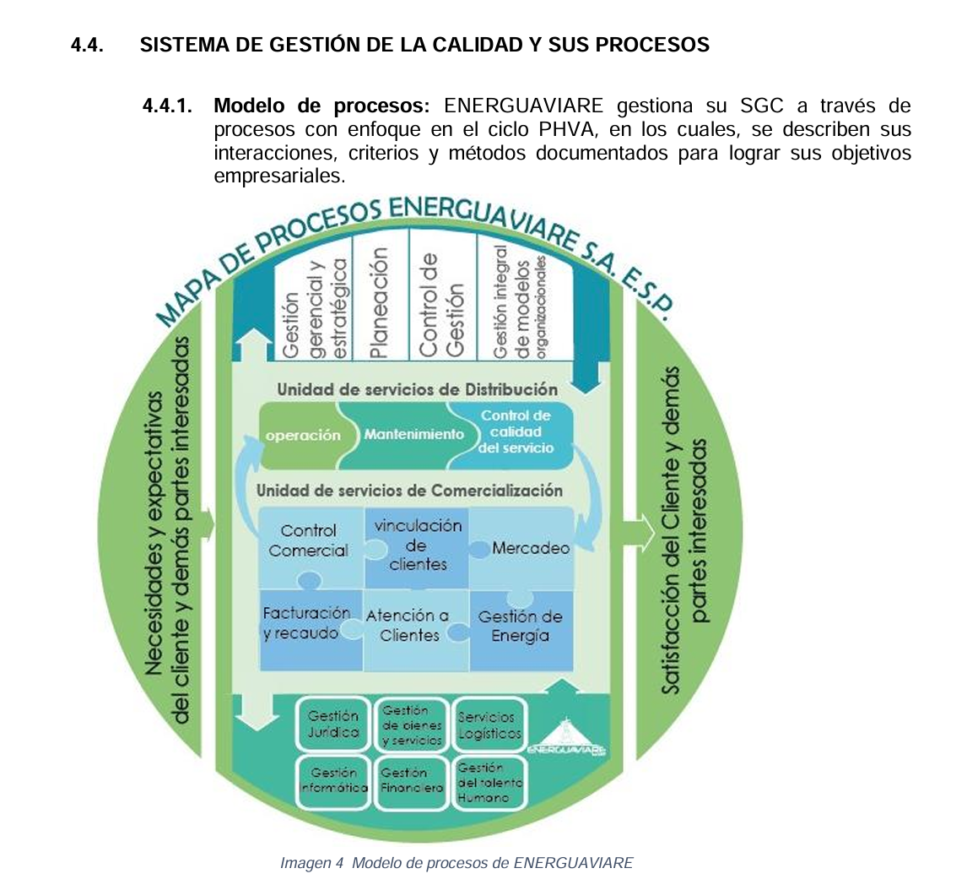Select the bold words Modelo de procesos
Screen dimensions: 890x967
321,106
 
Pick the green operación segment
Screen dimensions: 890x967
302,436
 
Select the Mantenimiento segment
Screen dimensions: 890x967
414,435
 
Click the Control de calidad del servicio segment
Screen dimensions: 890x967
516,432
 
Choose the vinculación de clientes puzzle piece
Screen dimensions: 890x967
417,545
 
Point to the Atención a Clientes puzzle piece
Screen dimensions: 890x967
408,625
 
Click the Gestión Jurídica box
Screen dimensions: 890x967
333,724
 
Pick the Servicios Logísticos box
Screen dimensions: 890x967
489,724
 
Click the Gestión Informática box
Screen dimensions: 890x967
333,780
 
